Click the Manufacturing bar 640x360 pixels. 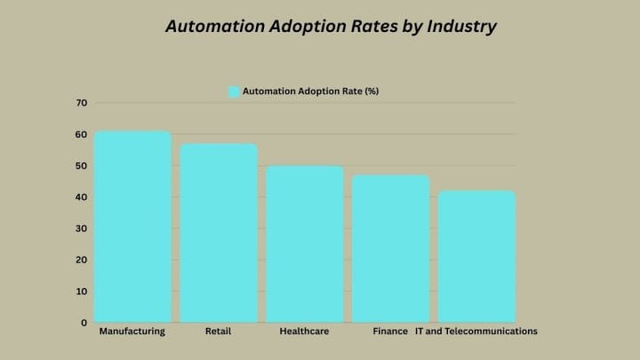pos(132,227)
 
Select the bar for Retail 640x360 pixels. pos(219,233)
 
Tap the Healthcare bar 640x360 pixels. pos(305,244)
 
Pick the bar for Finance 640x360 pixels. pos(390,248)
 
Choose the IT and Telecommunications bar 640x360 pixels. pos(476,256)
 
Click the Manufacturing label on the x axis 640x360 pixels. pos(132,332)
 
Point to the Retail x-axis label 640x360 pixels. pos(219,332)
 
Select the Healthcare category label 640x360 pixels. pos(305,332)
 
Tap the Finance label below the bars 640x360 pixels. pos(389,332)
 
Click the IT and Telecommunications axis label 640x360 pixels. pos(476,332)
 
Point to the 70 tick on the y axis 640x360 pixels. pos(81,103)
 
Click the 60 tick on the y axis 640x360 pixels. pos(81,134)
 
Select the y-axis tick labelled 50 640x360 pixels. pos(81,166)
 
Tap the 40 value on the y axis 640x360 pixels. pos(81,197)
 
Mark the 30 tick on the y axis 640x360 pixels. pos(81,228)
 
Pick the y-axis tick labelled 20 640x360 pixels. pos(81,260)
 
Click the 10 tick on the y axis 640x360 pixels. pos(81,292)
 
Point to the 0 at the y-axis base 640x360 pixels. pos(84,323)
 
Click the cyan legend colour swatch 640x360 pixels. pos(235,92)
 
